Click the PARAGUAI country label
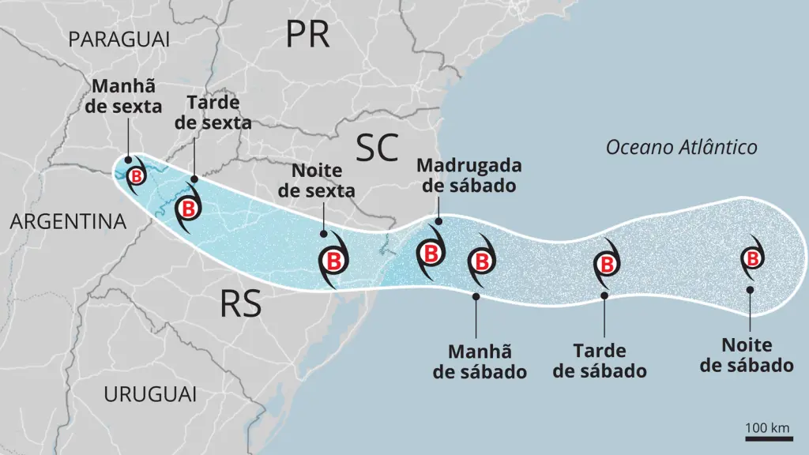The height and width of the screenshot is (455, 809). (119, 39)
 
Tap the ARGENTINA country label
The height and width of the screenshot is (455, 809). (68, 222)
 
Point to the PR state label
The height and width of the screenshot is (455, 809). (308, 34)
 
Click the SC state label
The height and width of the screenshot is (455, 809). (376, 148)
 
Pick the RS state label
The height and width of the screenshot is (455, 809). (241, 303)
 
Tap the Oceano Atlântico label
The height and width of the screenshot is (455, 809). (681, 147)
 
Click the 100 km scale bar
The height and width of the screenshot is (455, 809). (768, 430)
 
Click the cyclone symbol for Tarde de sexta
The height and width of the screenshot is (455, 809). (190, 209)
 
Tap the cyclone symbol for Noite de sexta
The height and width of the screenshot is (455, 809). (333, 261)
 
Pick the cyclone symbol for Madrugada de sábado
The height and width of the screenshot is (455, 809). (431, 254)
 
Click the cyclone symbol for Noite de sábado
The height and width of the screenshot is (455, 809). (752, 258)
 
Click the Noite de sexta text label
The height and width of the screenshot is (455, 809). (323, 180)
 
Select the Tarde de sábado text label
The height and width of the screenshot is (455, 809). (600, 360)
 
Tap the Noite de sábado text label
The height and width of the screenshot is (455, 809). (747, 355)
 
